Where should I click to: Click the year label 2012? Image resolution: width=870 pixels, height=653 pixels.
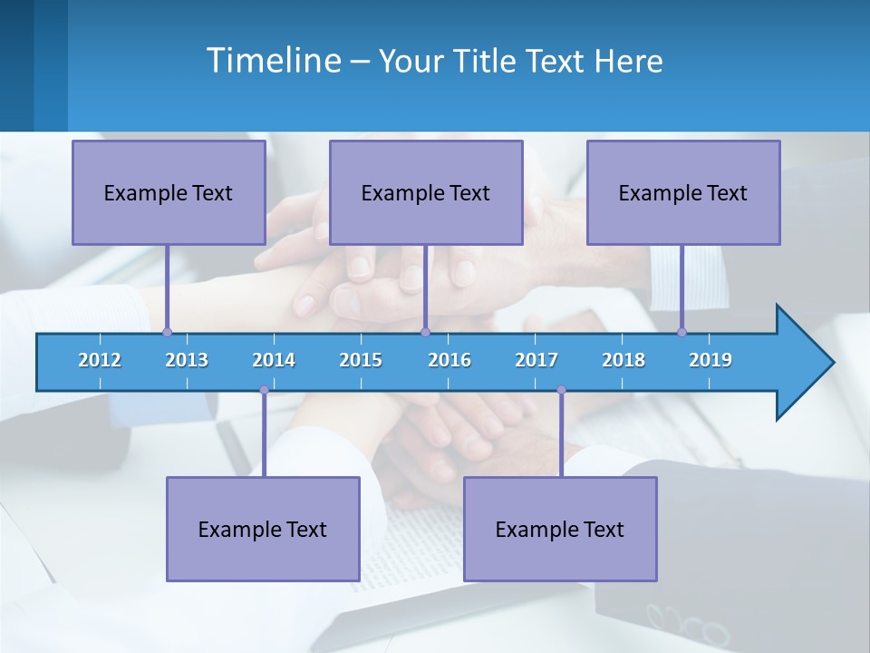coord(100,360)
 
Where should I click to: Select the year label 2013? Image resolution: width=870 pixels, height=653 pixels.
coord(187,360)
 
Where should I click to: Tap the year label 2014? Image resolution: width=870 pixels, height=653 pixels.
coord(274,360)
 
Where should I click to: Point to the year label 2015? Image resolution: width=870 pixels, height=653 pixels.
coord(361,360)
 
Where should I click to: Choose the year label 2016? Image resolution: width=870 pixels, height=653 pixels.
coord(449,360)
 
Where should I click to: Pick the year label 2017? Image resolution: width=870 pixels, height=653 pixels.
coord(536,360)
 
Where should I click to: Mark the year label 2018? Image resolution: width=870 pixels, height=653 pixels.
coord(623,360)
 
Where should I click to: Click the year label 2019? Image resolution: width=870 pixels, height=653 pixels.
coord(710,360)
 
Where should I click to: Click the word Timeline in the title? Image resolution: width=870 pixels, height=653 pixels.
coord(272,61)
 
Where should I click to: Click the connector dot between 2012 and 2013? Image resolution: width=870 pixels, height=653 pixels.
coord(167,333)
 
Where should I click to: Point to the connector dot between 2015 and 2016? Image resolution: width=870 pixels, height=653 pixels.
coord(425,333)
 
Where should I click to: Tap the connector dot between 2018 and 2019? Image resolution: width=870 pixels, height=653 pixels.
coord(681,333)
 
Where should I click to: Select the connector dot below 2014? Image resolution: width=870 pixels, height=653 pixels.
coord(264,390)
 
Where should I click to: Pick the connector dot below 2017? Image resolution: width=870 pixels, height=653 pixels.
coord(561,390)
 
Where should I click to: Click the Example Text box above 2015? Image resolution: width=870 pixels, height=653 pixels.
coord(426,192)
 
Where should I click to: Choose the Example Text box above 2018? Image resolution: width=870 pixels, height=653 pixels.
coord(683,192)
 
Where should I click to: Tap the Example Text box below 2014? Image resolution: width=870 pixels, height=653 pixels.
coord(263,529)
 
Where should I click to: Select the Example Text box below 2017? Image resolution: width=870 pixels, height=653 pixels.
coord(560,529)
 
